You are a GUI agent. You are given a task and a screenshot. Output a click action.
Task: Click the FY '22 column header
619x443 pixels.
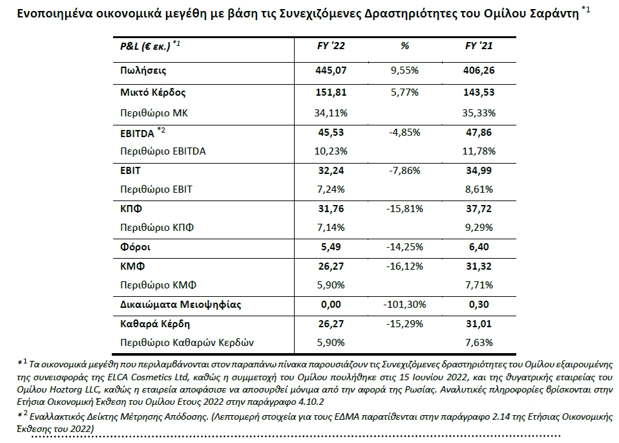click(x=331, y=46)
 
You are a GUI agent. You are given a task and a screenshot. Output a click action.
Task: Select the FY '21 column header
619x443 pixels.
click(x=479, y=46)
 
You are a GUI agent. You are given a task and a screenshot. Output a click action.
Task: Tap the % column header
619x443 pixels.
click(x=404, y=46)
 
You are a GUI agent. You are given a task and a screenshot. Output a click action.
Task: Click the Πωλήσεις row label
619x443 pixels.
click(x=143, y=70)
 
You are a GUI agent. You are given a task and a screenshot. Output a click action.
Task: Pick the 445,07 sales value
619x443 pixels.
click(x=331, y=70)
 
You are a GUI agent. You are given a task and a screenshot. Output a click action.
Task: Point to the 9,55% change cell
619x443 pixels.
click(x=404, y=70)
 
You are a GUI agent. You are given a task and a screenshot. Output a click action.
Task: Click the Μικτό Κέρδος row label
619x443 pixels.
click(x=152, y=92)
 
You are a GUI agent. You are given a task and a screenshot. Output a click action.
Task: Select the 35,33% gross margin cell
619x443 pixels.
click(x=479, y=113)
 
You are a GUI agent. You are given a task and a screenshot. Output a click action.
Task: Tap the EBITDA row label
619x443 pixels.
click(x=137, y=134)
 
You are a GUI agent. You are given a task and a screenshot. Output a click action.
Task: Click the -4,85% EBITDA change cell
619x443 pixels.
click(x=404, y=133)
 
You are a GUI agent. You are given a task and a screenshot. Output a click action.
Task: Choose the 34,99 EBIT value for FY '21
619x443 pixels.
click(x=479, y=171)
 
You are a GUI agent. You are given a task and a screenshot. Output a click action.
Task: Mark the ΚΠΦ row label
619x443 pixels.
click(x=131, y=209)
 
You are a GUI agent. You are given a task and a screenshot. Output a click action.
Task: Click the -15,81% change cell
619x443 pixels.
click(x=404, y=209)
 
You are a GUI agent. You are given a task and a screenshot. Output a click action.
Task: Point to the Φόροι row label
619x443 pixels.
click(x=136, y=248)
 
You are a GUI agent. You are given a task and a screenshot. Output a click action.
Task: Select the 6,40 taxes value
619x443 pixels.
click(x=479, y=247)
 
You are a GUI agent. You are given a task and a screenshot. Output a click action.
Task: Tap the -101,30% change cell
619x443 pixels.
click(x=404, y=305)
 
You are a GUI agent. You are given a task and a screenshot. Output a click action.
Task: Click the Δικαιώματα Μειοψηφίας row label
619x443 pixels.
click(x=180, y=305)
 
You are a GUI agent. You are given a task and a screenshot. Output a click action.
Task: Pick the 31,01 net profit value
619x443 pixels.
click(x=479, y=324)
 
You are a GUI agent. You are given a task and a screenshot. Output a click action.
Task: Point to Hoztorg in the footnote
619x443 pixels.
click(x=65, y=390)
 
